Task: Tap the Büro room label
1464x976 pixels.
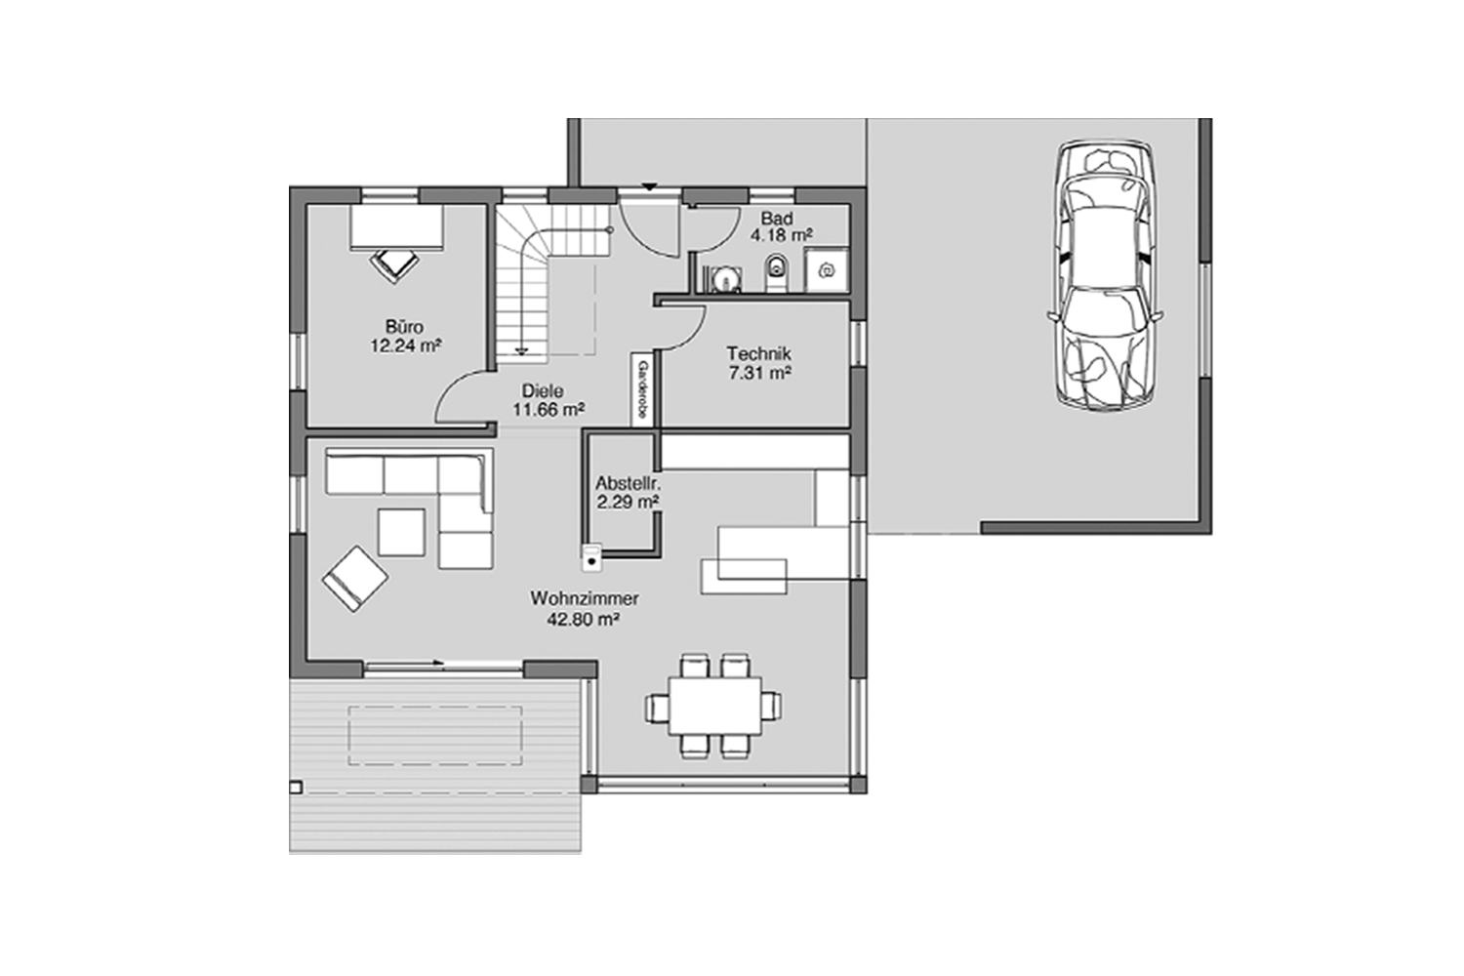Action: click(x=404, y=327)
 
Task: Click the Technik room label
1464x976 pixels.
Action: click(x=758, y=354)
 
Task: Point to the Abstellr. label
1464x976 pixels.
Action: click(x=629, y=483)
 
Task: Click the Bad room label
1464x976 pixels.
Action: click(x=777, y=218)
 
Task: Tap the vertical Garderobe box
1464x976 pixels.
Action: click(x=642, y=388)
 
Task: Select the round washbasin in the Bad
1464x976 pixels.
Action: click(x=724, y=278)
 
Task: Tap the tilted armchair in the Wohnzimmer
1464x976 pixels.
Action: click(x=354, y=580)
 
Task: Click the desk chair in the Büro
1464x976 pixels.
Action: click(x=394, y=262)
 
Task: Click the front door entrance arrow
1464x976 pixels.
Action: click(x=648, y=188)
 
